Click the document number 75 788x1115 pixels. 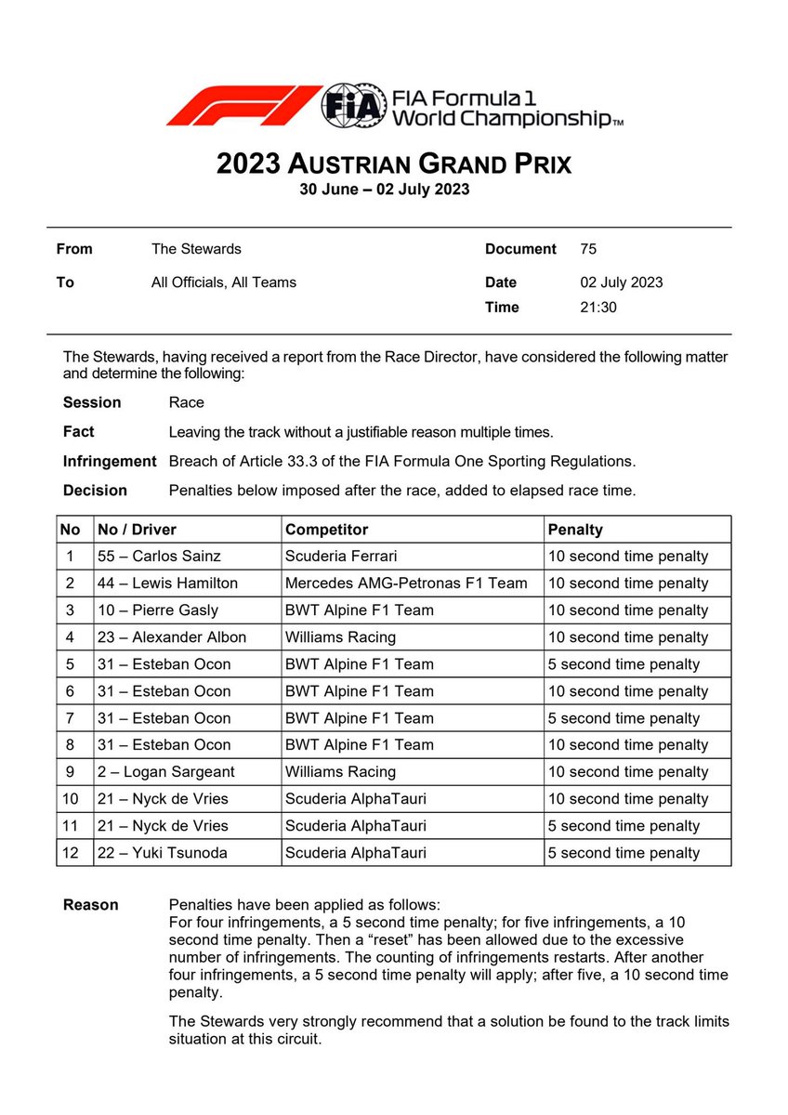click(x=587, y=249)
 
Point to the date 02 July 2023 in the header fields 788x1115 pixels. click(x=621, y=282)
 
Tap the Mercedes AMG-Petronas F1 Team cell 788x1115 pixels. click(x=406, y=584)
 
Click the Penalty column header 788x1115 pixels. click(x=575, y=530)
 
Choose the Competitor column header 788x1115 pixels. click(x=327, y=530)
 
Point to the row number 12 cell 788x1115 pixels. click(x=71, y=853)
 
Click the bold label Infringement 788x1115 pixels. click(x=110, y=461)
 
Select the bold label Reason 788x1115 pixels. click(x=90, y=905)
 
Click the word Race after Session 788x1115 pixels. click(x=187, y=402)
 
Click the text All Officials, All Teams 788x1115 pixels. click(x=224, y=282)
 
